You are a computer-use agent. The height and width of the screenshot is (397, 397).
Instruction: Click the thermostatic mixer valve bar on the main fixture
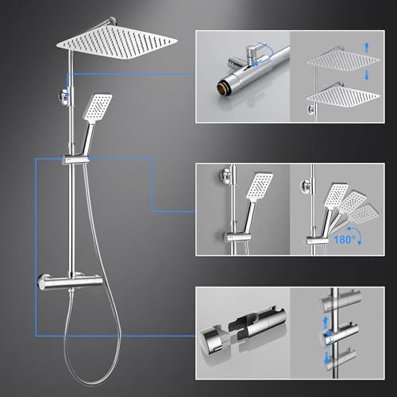(x=70, y=282)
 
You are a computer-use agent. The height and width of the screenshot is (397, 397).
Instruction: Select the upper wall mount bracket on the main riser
(x=64, y=97)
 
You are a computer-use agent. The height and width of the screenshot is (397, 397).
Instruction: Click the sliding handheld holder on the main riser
(x=75, y=160)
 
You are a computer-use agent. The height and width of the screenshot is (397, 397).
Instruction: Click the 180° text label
(x=344, y=240)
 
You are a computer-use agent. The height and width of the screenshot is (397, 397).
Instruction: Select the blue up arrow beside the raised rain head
(x=367, y=48)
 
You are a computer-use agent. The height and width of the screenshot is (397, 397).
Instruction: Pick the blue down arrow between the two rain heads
(x=367, y=75)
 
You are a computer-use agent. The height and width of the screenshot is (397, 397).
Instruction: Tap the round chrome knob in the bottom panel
(x=213, y=340)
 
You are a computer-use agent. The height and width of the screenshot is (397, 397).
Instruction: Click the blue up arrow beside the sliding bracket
(x=326, y=322)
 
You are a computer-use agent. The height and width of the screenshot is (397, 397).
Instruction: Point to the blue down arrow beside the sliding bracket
(x=326, y=358)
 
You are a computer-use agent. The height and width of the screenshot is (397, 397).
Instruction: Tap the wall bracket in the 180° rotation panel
(x=306, y=185)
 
